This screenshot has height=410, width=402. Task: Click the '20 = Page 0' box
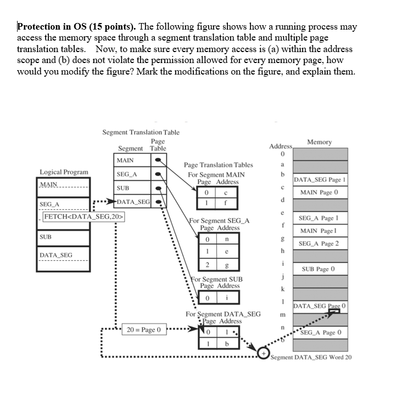pyautogui.click(x=143, y=330)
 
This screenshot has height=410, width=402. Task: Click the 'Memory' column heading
pyautogui.click(x=320, y=142)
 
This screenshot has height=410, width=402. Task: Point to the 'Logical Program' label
pyautogui.click(x=64, y=172)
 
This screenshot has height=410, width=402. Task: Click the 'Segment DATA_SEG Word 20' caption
pyautogui.click(x=311, y=357)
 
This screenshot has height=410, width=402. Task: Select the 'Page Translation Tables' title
pyautogui.click(x=219, y=164)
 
